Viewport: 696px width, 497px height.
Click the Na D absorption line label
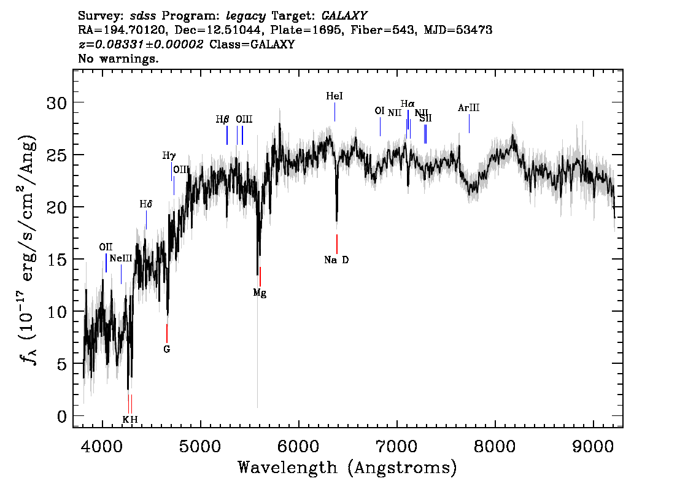336,260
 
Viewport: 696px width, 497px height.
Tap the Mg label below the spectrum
260,293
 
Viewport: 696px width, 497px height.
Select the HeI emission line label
334,96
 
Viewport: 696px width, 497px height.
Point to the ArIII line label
469,108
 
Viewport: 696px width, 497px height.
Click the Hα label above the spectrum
408,104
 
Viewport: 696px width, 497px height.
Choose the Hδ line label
146,204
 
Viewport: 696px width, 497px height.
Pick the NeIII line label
121,258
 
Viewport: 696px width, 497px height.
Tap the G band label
166,349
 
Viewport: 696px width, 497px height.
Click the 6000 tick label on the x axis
298,447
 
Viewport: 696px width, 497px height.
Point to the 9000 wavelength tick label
592,447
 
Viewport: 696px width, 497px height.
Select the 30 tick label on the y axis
56,103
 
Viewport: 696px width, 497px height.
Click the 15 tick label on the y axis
56,259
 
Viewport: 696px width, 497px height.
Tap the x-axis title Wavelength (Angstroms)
347,468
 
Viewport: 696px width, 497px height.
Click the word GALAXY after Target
344,16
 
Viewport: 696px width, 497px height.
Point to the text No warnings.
118,58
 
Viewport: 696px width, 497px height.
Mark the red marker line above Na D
337,244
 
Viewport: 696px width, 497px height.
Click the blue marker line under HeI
334,112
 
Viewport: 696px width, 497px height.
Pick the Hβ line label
222,120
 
